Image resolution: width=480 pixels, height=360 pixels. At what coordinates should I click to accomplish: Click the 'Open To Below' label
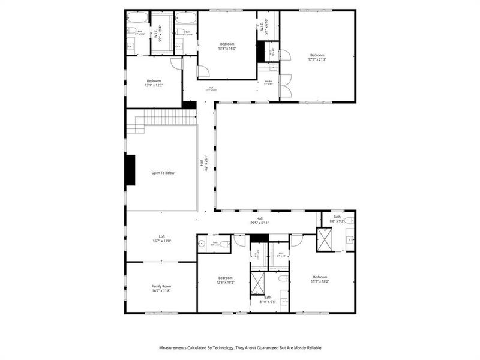(163, 173)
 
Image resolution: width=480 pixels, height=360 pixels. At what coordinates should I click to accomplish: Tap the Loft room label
(161, 239)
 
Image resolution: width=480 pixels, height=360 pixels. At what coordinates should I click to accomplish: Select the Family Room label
(161, 289)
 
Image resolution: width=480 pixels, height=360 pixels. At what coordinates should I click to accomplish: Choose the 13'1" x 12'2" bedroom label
(154, 85)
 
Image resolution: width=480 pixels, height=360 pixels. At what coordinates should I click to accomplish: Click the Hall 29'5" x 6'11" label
(259, 223)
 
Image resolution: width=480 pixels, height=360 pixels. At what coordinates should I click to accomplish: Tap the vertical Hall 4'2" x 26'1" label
(206, 163)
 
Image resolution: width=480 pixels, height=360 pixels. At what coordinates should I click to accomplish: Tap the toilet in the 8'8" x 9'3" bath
(348, 221)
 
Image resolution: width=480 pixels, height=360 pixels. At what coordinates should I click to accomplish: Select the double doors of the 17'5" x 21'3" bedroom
(286, 86)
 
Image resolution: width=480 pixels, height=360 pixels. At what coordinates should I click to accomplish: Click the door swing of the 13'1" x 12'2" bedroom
(176, 64)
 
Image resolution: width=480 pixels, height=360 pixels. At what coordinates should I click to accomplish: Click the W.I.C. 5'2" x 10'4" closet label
(159, 34)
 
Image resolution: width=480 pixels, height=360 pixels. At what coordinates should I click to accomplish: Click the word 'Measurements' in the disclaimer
(175, 347)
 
